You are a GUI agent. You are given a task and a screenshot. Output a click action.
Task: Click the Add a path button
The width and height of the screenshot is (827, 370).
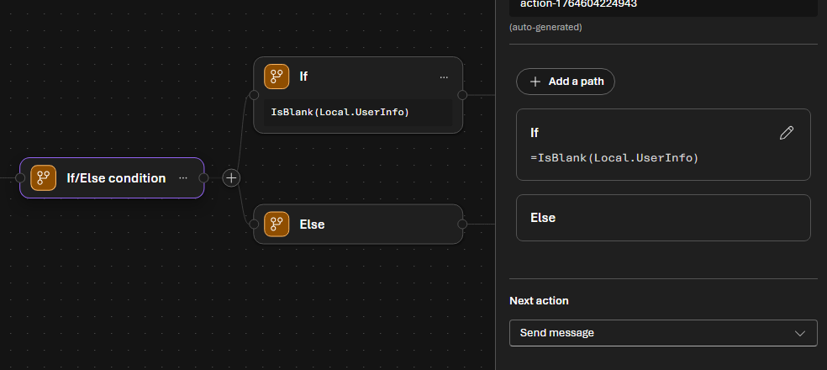click(x=566, y=82)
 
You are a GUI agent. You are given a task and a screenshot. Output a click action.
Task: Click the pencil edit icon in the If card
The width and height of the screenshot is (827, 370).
click(x=787, y=133)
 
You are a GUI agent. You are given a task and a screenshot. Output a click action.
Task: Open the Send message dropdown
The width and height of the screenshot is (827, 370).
click(x=662, y=333)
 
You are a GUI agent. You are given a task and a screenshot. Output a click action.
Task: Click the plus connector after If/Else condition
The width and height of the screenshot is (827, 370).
click(x=231, y=178)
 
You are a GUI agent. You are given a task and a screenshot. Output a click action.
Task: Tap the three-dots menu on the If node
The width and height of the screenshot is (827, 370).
click(x=444, y=77)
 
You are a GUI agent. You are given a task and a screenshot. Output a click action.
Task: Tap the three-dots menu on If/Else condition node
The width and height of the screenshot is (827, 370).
click(x=182, y=178)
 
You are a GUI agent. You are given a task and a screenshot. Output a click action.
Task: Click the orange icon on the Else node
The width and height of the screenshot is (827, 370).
click(x=277, y=225)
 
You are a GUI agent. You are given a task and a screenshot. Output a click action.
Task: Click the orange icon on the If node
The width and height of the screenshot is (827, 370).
click(x=277, y=77)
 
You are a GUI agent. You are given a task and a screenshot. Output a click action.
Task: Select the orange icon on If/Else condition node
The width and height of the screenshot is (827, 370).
click(x=43, y=178)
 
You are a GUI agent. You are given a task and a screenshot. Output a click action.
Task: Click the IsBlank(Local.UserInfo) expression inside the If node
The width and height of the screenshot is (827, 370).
click(x=340, y=112)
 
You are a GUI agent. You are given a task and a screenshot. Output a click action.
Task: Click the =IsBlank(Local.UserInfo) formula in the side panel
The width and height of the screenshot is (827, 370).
click(x=614, y=157)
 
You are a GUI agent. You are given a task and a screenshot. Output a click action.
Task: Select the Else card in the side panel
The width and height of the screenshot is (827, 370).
click(x=663, y=218)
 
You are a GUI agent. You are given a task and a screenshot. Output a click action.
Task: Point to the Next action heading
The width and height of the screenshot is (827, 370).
click(x=539, y=301)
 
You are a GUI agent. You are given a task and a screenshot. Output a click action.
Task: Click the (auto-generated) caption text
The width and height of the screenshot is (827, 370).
click(x=545, y=27)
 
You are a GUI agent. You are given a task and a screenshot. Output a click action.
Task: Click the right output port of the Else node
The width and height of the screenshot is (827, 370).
click(x=461, y=225)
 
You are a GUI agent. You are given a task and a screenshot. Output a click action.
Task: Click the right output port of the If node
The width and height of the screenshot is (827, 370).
click(x=461, y=94)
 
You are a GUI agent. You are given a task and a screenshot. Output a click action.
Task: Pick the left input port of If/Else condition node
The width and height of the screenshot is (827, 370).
click(x=20, y=178)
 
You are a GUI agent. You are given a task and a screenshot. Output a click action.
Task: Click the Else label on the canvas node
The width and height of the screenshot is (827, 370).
click(x=312, y=225)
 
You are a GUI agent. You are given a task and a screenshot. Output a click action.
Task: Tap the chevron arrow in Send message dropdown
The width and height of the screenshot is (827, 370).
click(x=799, y=333)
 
